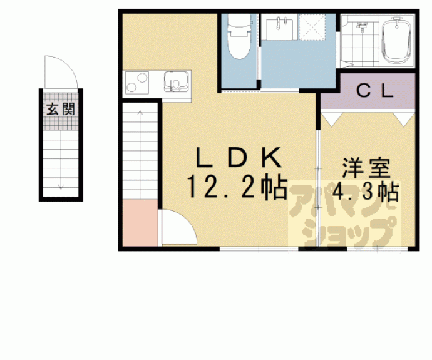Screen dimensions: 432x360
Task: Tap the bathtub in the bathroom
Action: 396,41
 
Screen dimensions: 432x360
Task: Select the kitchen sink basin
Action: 177,81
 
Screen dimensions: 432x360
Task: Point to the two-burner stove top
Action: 137,83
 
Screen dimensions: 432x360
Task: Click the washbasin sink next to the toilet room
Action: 279,28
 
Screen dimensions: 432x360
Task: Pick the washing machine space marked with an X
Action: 312,28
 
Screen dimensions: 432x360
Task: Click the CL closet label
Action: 374,91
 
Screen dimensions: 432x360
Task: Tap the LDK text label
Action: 239,158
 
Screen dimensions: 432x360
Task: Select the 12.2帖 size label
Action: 237,187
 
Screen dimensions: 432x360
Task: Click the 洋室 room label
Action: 367,168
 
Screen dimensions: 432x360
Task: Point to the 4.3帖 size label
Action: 366,192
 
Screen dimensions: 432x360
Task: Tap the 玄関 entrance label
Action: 61,110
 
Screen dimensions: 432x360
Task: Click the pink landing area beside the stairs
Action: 140,222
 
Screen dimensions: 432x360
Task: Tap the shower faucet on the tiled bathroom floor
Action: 362,26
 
